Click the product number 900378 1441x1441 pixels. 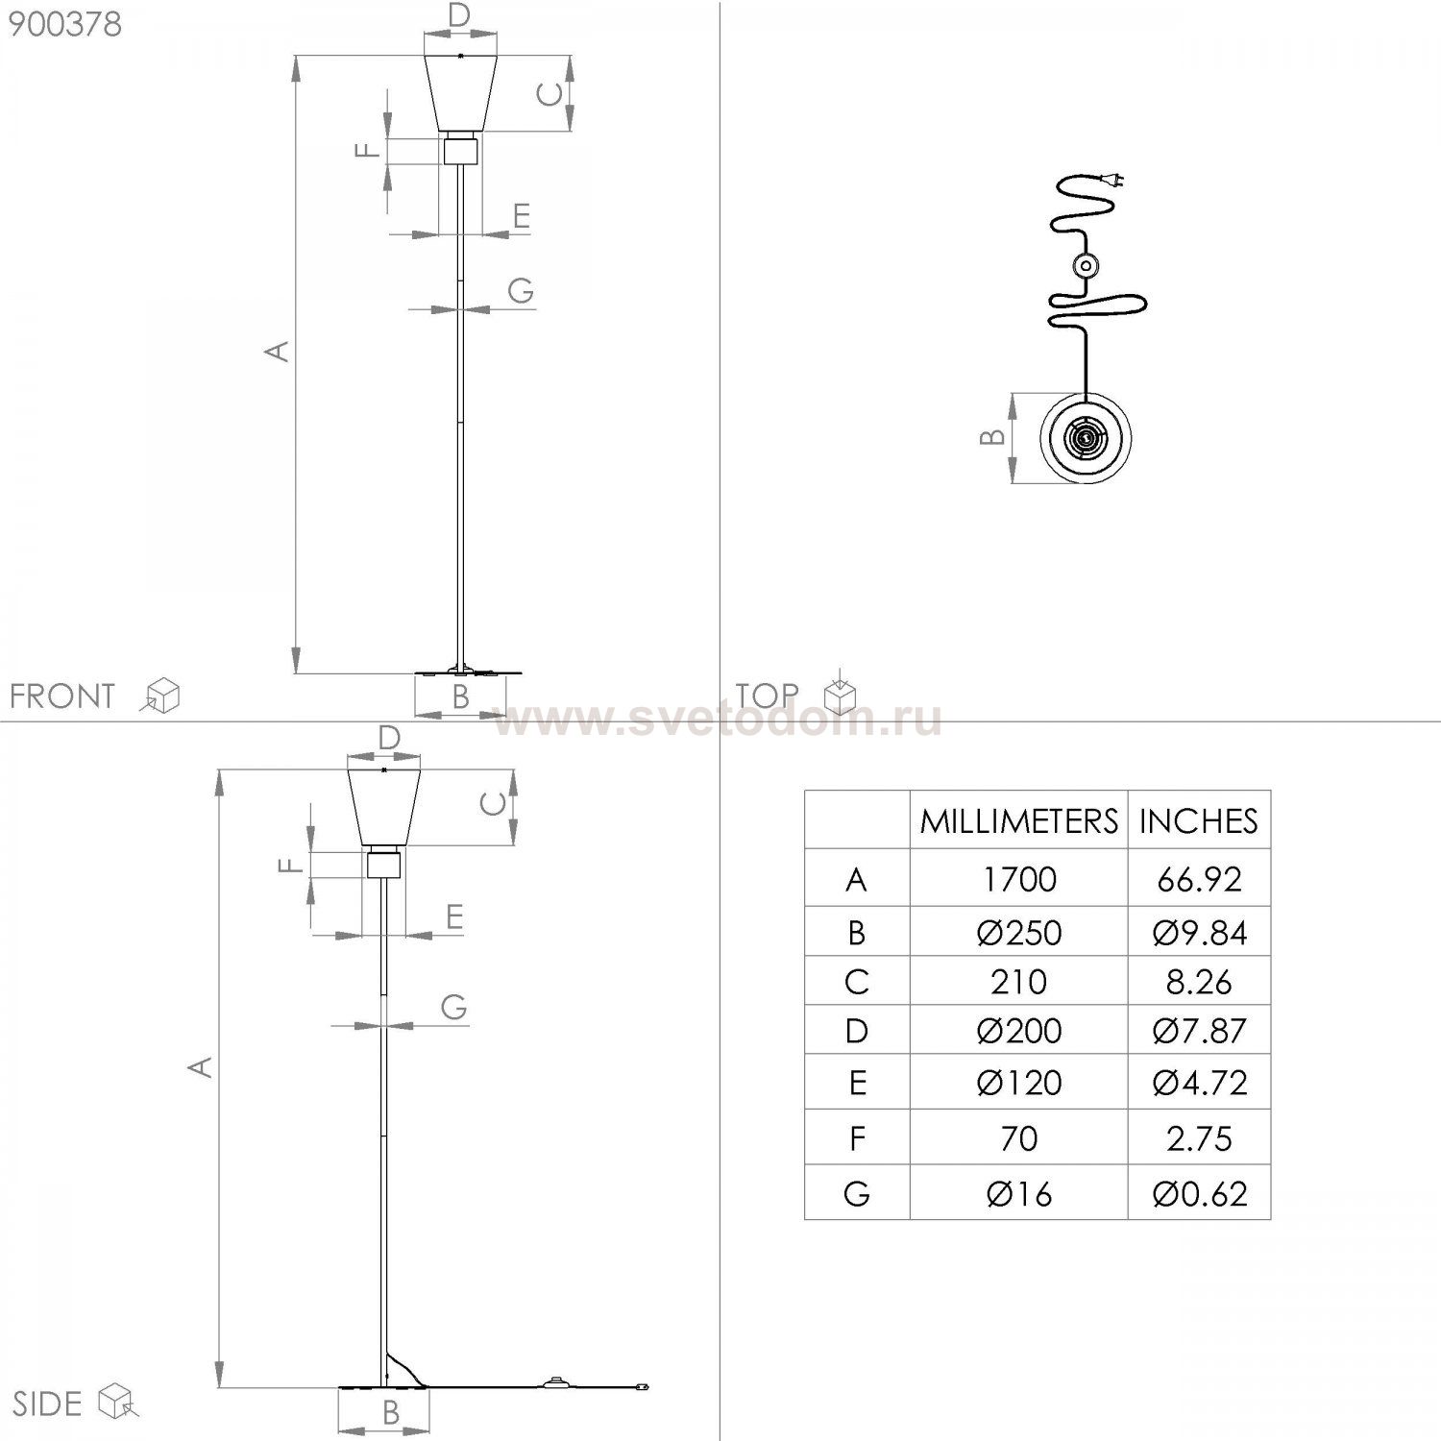65,23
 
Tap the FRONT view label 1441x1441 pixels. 62,696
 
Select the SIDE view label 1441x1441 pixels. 47,1404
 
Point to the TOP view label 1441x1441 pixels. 767,695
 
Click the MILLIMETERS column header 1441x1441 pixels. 1018,821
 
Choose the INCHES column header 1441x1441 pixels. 1198,821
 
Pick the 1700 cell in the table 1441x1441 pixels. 1019,879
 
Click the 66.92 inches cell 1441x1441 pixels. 1199,879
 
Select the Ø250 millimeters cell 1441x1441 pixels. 1019,933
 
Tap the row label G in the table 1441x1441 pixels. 856,1194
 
